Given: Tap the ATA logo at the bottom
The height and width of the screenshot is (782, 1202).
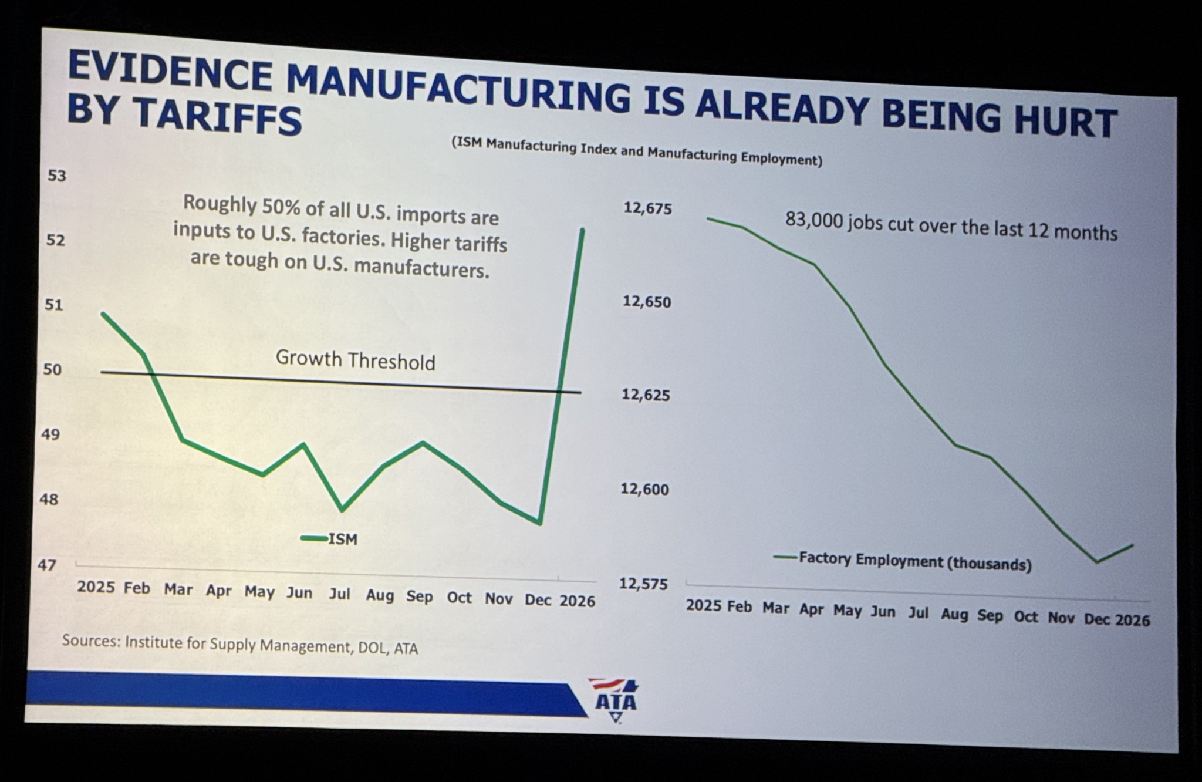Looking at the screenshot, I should pos(616,701).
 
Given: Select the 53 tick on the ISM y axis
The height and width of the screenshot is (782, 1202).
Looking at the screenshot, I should pos(57,176).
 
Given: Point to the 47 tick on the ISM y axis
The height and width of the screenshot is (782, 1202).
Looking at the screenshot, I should pos(47,565).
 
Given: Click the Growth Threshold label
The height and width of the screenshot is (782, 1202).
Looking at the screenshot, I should pos(355,360).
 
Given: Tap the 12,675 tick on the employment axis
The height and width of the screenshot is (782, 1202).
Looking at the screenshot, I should pos(647,208).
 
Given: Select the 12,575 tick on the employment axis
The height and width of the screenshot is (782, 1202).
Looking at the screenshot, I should pos(644,584).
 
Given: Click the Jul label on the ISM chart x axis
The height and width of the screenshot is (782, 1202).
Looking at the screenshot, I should pos(339,594).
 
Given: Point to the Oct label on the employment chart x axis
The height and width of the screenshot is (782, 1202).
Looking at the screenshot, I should pos(1025,616).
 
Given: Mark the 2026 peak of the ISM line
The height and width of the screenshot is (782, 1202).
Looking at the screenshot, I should pos(582,230).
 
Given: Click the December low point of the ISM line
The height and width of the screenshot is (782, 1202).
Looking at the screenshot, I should pos(539,523).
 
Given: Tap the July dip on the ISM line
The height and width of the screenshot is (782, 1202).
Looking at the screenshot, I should pos(342,510).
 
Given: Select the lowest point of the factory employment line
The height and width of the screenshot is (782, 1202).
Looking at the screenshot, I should pos(1096,562).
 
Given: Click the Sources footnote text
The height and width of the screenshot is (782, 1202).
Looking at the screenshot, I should pos(240,644).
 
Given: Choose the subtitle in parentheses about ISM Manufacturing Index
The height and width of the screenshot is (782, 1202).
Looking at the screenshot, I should pos(636,151).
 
